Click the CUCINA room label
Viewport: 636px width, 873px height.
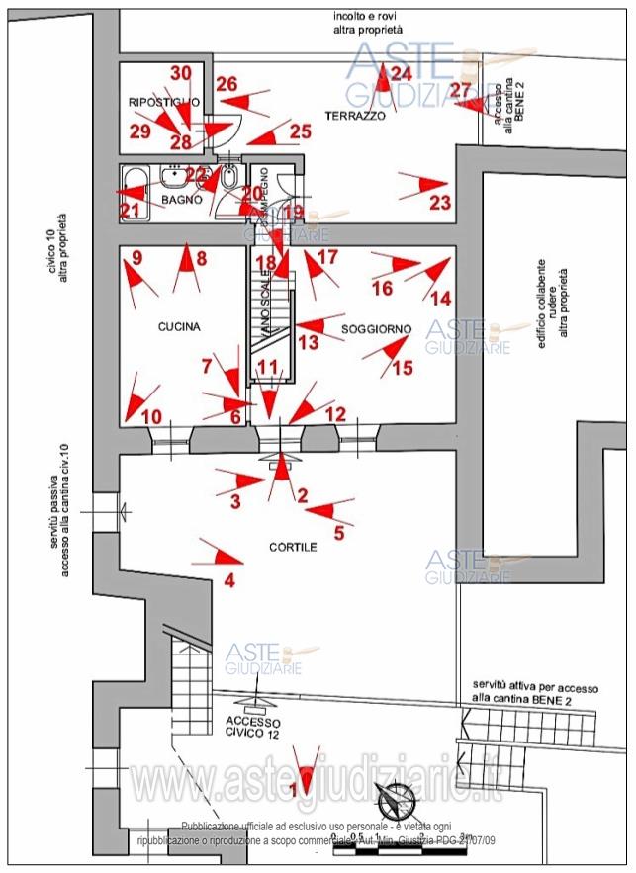tap(178, 327)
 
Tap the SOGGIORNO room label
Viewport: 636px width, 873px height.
tap(377, 327)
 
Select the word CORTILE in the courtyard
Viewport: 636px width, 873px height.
tap(293, 547)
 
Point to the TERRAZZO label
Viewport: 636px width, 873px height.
tap(355, 116)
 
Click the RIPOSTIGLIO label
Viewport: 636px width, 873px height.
tap(163, 102)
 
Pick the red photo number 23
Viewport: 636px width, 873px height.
tap(439, 204)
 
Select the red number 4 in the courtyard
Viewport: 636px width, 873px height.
tap(229, 581)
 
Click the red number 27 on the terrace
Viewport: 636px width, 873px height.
tap(461, 91)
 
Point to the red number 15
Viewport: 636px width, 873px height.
tap(403, 369)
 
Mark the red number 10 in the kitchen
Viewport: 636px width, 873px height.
tap(150, 417)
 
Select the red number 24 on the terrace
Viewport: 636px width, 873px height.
tap(401, 73)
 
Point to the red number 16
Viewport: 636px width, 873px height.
tap(382, 289)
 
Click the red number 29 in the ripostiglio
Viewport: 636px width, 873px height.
tap(139, 131)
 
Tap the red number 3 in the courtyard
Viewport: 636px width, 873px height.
tap(234, 501)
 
